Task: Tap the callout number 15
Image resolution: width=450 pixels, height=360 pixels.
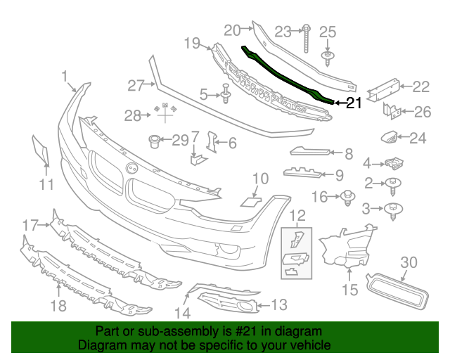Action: (x=349, y=289)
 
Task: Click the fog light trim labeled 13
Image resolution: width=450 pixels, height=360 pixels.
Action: (x=231, y=304)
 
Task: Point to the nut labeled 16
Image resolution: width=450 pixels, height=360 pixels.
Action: (x=347, y=198)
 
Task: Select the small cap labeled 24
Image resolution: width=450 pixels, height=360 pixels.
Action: (x=389, y=137)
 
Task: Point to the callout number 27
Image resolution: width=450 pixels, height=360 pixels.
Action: (x=135, y=85)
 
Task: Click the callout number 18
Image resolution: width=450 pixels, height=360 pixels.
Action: (x=58, y=305)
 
